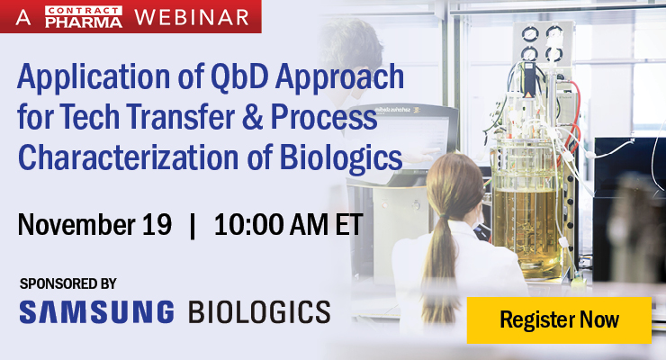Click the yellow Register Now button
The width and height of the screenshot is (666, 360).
(559, 319)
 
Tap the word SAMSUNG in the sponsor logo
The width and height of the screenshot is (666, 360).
(96, 312)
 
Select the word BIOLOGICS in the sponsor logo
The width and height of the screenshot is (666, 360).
(259, 312)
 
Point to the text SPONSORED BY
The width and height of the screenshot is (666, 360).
(68, 283)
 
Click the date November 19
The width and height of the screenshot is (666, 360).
(94, 224)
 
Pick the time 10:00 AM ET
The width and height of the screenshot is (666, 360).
(288, 224)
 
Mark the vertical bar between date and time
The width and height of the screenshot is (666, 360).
(193, 224)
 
